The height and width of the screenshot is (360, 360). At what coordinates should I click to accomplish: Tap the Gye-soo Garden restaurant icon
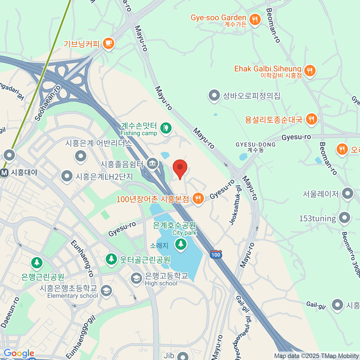(x=255, y=20)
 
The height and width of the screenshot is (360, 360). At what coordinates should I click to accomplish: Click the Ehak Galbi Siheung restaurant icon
(x=309, y=71)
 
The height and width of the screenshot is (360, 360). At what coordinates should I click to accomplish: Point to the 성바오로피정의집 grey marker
(x=214, y=96)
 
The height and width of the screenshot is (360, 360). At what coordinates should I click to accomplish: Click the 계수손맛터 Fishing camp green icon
(x=165, y=128)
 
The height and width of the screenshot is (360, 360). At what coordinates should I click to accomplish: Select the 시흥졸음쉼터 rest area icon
(x=153, y=164)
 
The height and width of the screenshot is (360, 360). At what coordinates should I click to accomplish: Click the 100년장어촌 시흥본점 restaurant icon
(x=198, y=198)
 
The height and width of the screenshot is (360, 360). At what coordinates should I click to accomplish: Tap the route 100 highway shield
(x=216, y=254)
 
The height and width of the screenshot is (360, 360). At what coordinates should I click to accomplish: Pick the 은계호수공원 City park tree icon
(x=181, y=244)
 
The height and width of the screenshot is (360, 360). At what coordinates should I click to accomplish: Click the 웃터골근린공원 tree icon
(x=111, y=259)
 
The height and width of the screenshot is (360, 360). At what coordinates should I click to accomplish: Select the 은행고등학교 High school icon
(x=136, y=278)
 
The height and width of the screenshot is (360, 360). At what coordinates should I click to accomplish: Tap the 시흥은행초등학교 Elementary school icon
(x=106, y=291)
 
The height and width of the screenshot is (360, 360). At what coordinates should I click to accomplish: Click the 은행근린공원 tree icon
(x=37, y=263)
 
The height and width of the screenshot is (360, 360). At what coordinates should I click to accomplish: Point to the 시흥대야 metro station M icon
(x=4, y=173)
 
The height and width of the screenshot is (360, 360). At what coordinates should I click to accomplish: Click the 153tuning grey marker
(x=344, y=218)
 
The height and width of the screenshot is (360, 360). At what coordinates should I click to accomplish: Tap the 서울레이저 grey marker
(x=347, y=193)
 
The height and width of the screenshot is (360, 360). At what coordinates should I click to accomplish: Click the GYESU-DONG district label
(x=255, y=147)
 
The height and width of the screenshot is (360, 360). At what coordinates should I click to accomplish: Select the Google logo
(x=19, y=353)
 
